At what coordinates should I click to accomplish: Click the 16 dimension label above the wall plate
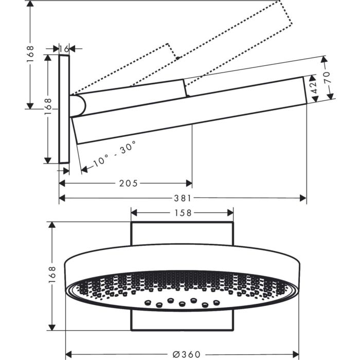tap(64, 49)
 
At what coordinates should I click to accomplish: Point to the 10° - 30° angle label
tap(115, 153)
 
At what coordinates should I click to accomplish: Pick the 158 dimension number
tap(183, 212)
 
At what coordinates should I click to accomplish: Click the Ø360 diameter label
tap(186, 354)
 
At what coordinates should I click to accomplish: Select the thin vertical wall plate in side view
tap(64, 109)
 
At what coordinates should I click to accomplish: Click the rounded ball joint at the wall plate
tap(79, 105)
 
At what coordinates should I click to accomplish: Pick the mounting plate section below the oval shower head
tap(183, 321)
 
